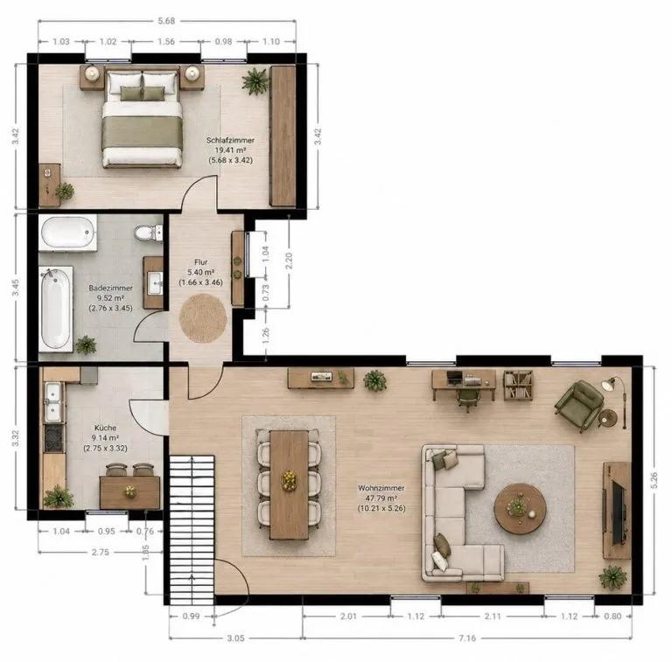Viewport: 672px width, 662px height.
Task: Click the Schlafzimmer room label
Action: point(231,140)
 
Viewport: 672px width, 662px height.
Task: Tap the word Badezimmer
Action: point(110,288)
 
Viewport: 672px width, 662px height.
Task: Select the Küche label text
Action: point(105,428)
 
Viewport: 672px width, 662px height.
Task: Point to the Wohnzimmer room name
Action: point(381,488)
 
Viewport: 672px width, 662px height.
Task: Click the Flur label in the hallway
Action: point(200,262)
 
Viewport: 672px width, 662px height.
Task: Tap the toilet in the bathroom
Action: point(148,233)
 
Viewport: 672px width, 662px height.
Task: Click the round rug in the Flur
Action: point(203,317)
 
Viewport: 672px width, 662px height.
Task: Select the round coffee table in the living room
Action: point(521,509)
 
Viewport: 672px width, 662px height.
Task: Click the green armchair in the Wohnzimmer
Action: point(579,405)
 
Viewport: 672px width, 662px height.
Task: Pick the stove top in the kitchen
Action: point(53,438)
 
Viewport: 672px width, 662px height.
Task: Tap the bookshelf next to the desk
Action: point(518,386)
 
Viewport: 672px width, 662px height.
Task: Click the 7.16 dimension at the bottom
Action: point(467,638)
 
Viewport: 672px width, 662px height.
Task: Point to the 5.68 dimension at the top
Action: point(166,21)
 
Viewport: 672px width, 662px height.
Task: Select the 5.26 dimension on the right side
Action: point(654,480)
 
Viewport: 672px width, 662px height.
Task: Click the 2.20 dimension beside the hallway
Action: point(289,261)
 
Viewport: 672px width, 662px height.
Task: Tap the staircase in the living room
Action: point(192,530)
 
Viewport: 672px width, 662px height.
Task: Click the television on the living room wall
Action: point(618,512)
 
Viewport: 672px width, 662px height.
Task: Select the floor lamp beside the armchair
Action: point(615,401)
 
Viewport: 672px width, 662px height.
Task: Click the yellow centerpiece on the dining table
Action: point(290,479)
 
